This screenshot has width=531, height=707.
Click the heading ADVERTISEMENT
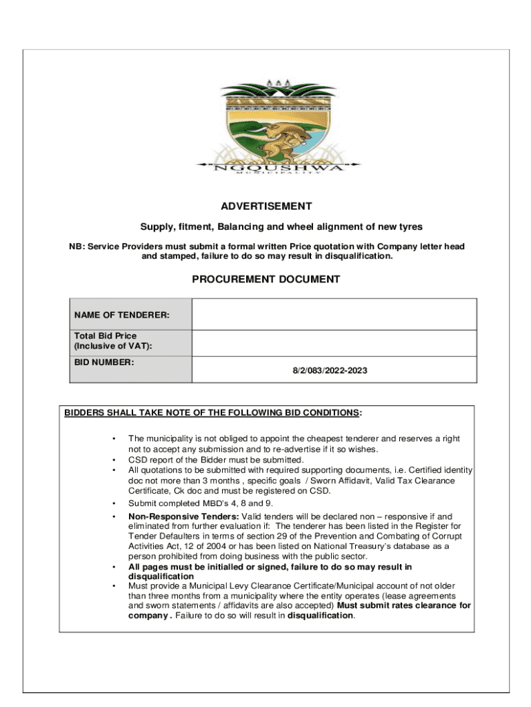(266, 206)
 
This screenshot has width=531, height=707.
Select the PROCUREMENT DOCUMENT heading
(265, 280)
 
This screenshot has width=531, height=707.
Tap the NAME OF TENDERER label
(121, 316)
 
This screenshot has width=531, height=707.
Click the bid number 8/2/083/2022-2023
(330, 371)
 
